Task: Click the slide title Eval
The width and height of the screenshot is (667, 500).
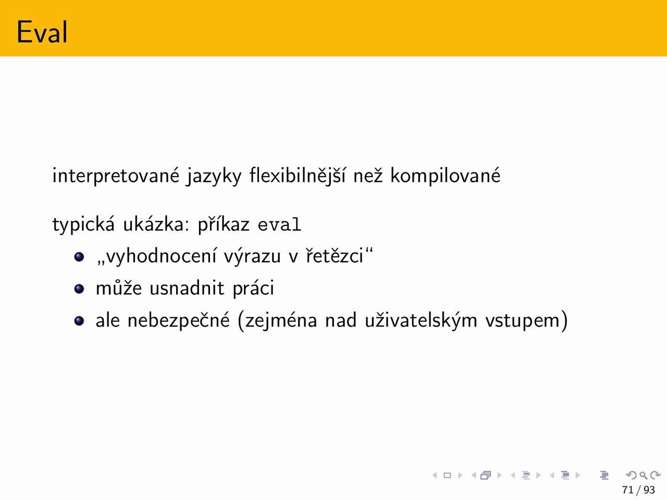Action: (x=42, y=32)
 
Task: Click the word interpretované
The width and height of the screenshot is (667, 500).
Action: (x=116, y=176)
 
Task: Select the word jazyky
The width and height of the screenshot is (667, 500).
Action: (x=214, y=177)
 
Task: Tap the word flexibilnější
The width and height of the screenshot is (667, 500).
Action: (x=297, y=176)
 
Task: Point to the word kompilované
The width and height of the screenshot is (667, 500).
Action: (x=445, y=176)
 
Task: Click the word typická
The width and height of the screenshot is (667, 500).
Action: (x=83, y=225)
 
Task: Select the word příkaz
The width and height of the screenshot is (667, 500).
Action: (x=224, y=225)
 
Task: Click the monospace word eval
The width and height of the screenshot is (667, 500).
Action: (x=279, y=224)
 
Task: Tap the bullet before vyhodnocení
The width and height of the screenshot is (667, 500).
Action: (x=79, y=257)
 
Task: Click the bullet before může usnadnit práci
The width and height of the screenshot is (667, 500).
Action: (x=79, y=289)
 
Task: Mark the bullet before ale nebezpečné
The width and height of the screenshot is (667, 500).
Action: (x=79, y=321)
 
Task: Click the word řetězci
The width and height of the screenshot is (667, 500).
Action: (x=335, y=256)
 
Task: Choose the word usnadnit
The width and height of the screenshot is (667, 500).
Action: (x=187, y=287)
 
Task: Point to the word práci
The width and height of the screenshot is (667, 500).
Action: (x=253, y=289)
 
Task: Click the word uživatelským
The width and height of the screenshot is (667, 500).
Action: (x=421, y=321)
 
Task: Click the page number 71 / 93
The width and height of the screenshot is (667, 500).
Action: (x=638, y=490)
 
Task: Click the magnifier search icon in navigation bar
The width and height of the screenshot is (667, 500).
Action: (x=643, y=475)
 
